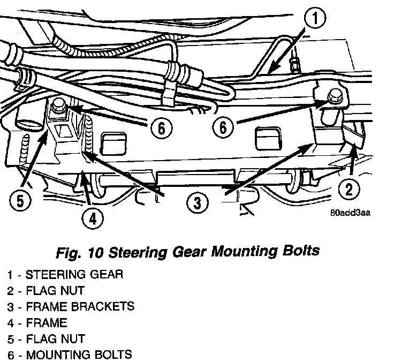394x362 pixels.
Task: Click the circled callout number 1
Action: [316, 20]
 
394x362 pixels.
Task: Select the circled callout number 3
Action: [198, 202]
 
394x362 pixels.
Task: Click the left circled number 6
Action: [161, 128]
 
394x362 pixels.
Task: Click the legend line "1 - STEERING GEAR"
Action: [65, 275]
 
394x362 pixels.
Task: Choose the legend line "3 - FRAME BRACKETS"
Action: [70, 307]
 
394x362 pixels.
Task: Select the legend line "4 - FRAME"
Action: [37, 323]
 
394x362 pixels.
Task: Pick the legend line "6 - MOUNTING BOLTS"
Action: [70, 355]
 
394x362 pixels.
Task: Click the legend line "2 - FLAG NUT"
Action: [46, 291]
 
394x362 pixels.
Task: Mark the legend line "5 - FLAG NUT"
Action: [46, 338]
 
